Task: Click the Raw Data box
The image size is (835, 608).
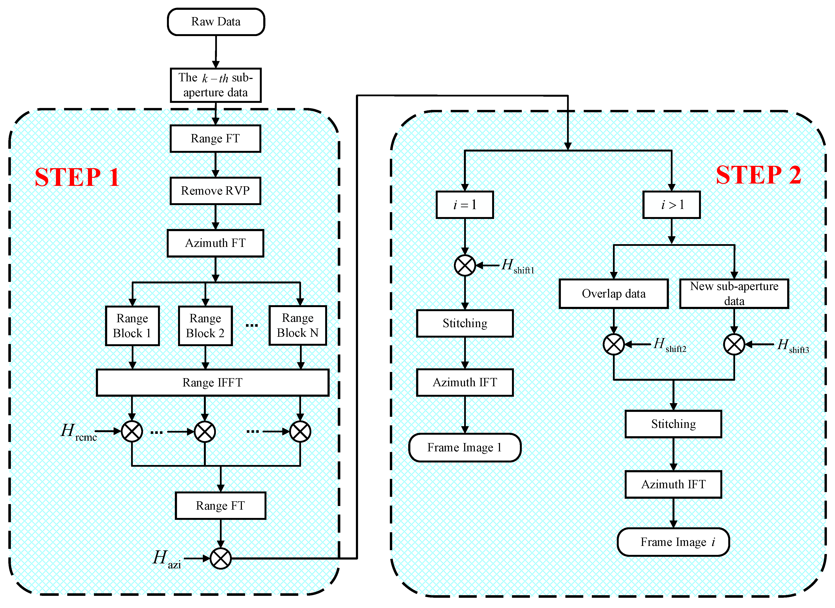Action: tap(216, 22)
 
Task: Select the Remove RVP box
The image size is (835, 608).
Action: tap(215, 191)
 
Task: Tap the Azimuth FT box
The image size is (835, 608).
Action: tap(215, 243)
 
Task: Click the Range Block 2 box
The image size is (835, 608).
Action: tap(205, 326)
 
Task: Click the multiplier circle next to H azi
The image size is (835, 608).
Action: tap(221, 558)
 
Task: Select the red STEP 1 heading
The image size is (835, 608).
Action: tap(77, 177)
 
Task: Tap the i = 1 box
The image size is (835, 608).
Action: tap(465, 205)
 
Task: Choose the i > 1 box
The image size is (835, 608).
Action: tap(671, 205)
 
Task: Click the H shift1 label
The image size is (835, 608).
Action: tap(517, 266)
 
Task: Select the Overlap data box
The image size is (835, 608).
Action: tap(613, 294)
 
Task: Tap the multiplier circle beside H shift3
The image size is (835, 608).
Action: tap(734, 344)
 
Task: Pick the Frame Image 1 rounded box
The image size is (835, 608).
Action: tap(465, 448)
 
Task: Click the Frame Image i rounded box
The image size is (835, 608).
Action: tap(673, 542)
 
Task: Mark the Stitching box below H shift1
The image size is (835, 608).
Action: tap(465, 323)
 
